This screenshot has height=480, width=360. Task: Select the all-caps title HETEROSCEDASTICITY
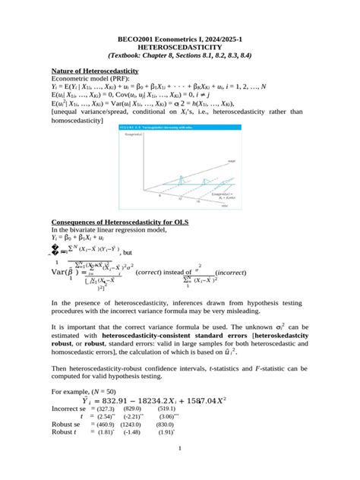[179, 46]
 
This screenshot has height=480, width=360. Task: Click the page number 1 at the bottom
[179, 469]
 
